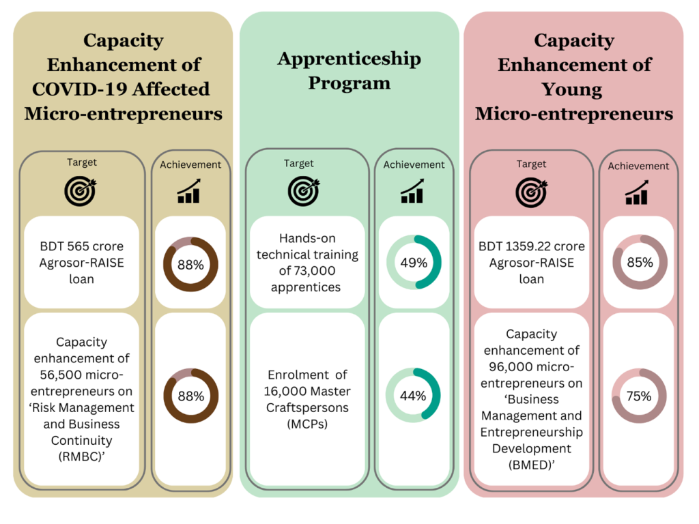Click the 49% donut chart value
pos(414,263)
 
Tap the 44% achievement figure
pos(413,396)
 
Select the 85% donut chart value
pos(639,262)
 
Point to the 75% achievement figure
pos(639,396)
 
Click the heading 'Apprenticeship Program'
pos(349,71)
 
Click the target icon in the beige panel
pos(81,191)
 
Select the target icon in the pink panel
pos(531,192)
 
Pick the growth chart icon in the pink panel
pos(637,192)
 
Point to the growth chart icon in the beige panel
pos(189,191)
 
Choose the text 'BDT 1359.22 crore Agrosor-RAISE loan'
pos(532,263)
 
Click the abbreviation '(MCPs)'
pos(306,424)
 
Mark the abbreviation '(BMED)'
pos(532,465)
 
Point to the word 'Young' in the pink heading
pos(572,89)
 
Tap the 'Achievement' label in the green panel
pos(414,164)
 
